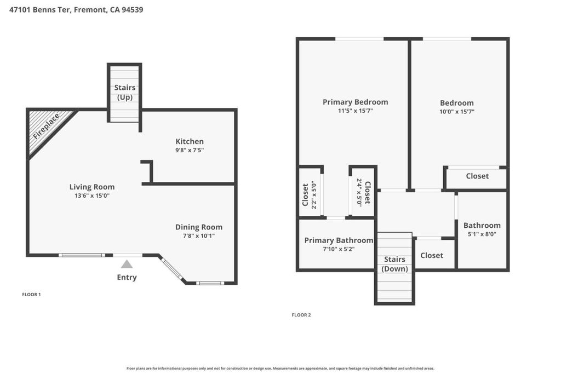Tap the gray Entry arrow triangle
click(x=127, y=264)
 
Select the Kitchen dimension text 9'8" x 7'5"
click(x=190, y=150)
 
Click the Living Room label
click(x=92, y=187)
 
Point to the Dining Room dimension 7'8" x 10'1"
click(x=198, y=235)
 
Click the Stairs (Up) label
click(x=125, y=92)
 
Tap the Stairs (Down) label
click(x=394, y=264)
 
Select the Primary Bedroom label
click(x=355, y=102)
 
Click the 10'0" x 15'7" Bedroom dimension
click(x=457, y=112)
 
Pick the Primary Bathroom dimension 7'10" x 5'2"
click(x=339, y=249)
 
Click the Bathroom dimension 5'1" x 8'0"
click(x=482, y=234)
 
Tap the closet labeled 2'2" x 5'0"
click(x=310, y=195)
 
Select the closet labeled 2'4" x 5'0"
click(x=363, y=192)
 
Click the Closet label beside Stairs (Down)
click(x=432, y=255)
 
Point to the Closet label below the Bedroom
click(x=477, y=176)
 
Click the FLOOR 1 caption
click(x=31, y=295)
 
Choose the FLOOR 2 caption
click(x=301, y=315)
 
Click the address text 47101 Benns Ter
click(x=41, y=10)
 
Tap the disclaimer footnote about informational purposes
click(x=280, y=369)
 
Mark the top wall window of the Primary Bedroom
click(x=359, y=39)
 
